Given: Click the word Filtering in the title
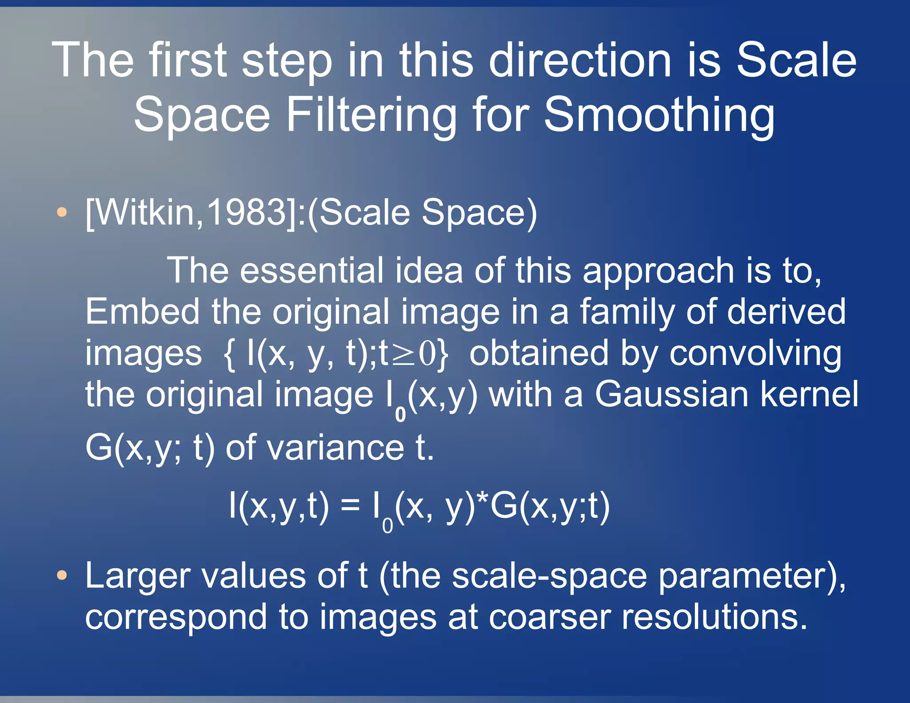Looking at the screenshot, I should point(371,115).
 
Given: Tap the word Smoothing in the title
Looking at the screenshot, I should point(659,115).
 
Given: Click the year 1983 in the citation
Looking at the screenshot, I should point(247,213).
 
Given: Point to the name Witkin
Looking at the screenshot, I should point(145,213).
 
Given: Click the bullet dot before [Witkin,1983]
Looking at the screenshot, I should point(62,213).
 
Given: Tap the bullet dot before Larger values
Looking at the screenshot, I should point(62,576).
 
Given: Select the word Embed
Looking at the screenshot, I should point(142,312).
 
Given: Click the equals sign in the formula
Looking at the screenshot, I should point(350,506).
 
